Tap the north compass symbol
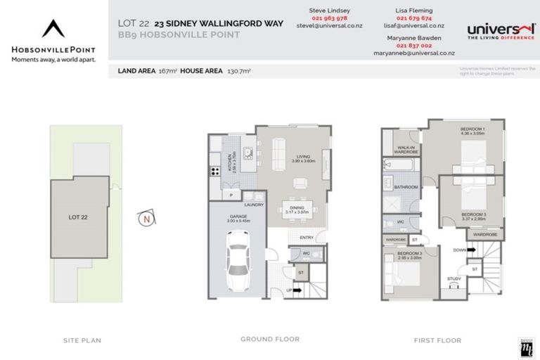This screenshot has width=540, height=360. [x=146, y=219]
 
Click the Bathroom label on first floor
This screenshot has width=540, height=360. [x=406, y=187]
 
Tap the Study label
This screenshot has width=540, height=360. [x=454, y=279]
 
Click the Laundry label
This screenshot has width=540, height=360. [x=254, y=205]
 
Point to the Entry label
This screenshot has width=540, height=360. [x=307, y=238]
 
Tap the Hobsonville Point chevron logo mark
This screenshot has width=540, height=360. [x=53, y=30]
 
